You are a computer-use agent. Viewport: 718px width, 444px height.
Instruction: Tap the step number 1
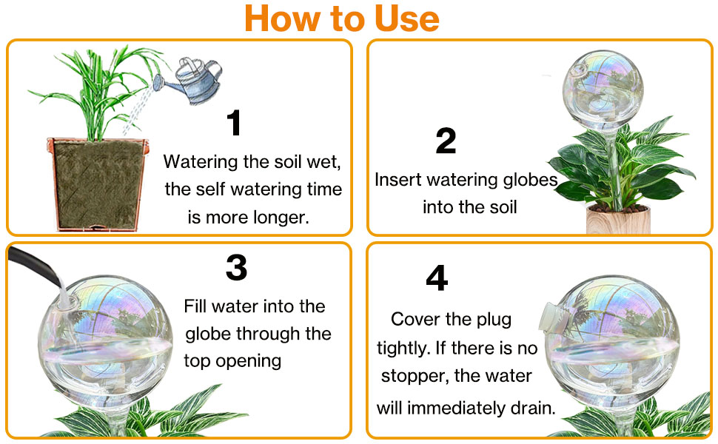point(234,124)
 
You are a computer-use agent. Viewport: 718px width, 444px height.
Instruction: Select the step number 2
point(446,141)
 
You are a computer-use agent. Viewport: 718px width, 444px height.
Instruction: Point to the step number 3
point(236,268)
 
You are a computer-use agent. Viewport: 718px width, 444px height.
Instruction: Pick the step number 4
point(437,279)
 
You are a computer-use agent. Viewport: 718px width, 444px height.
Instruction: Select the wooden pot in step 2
point(617,220)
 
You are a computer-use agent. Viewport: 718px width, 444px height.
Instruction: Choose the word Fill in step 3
point(197,306)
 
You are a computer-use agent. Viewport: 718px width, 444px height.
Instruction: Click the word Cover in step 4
point(417,320)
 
